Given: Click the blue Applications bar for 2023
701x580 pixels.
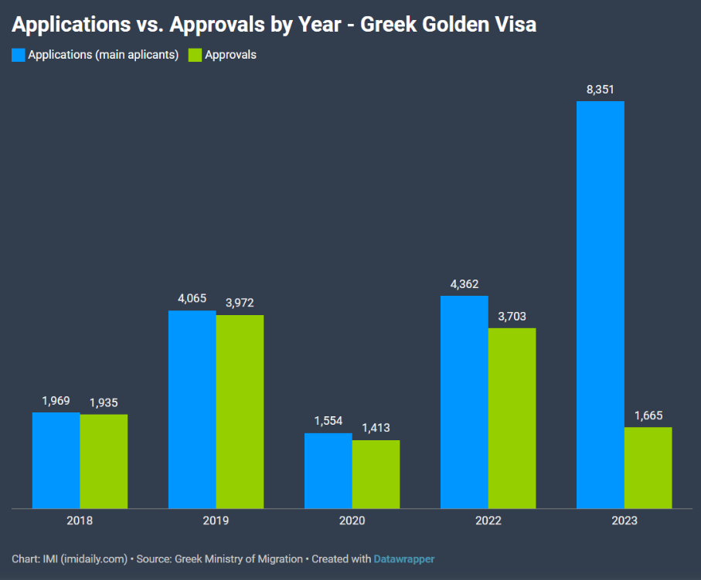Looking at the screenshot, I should (x=601, y=304).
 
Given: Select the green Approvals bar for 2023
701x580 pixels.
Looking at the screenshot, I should (x=648, y=467).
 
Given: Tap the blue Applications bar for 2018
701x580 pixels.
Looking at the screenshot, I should (x=56, y=460).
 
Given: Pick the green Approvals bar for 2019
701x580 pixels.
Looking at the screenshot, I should (x=240, y=411).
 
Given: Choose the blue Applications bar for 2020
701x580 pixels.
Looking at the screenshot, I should (x=328, y=470).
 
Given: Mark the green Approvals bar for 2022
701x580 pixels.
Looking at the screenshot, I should (x=512, y=418).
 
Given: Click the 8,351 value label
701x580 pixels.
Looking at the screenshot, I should (x=601, y=90).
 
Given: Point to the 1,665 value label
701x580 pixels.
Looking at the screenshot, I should (x=648, y=415).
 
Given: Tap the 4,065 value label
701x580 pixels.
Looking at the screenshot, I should (x=192, y=298).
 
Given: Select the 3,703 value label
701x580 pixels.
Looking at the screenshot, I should (x=512, y=317).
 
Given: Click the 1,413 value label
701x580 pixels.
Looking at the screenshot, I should (x=376, y=428).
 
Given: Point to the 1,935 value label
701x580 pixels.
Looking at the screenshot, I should (x=104, y=402).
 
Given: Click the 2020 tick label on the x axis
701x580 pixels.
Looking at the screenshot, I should (x=352, y=521).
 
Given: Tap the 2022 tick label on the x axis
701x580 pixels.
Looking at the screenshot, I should (x=488, y=521).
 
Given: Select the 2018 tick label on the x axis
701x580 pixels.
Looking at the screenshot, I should (x=80, y=521).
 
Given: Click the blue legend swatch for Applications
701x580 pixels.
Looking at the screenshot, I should (x=19, y=55).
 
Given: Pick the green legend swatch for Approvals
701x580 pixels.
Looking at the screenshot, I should (x=196, y=55).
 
